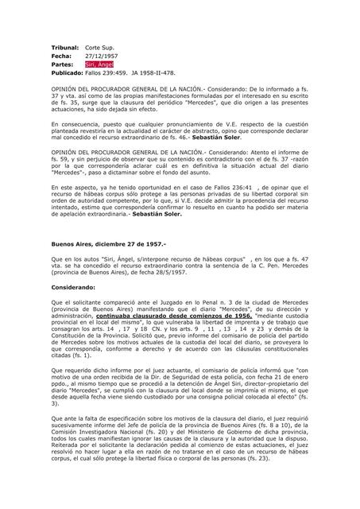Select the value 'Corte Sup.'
click(x=103, y=48)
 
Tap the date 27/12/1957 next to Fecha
click(x=102, y=56)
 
